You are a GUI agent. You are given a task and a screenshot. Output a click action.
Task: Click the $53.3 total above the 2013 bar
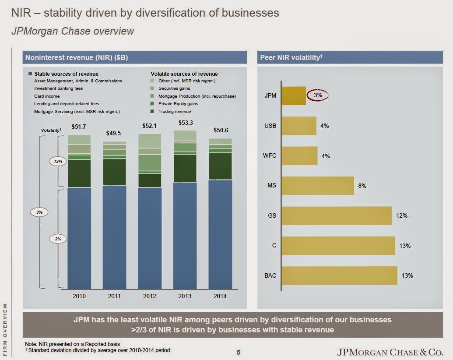185,123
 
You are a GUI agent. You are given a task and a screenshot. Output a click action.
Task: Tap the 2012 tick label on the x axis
150,296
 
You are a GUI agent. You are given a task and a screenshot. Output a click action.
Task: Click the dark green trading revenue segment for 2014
220,166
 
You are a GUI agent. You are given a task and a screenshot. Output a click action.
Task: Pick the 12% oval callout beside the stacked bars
58,161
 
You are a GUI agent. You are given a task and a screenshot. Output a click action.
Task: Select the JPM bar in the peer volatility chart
293,95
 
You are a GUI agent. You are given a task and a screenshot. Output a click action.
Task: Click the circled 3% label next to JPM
318,95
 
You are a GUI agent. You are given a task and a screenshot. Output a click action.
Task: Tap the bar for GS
336,215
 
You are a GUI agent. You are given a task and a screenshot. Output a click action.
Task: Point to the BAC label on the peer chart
270,276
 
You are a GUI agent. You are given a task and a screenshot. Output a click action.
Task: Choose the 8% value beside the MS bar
362,186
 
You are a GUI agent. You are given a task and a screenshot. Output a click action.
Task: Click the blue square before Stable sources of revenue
30,74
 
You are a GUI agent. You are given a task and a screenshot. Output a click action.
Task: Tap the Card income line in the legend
47,96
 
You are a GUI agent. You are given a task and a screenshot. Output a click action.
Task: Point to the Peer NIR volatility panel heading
291,57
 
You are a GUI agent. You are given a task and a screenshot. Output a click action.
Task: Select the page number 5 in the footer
239,352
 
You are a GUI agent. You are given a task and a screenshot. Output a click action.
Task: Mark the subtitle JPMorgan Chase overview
73,32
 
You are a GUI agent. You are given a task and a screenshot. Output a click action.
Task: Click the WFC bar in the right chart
299,155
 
